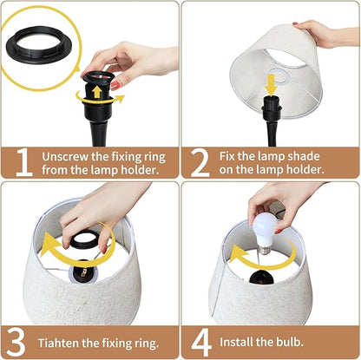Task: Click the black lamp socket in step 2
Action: [x=272, y=117]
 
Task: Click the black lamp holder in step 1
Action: [x=98, y=113]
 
